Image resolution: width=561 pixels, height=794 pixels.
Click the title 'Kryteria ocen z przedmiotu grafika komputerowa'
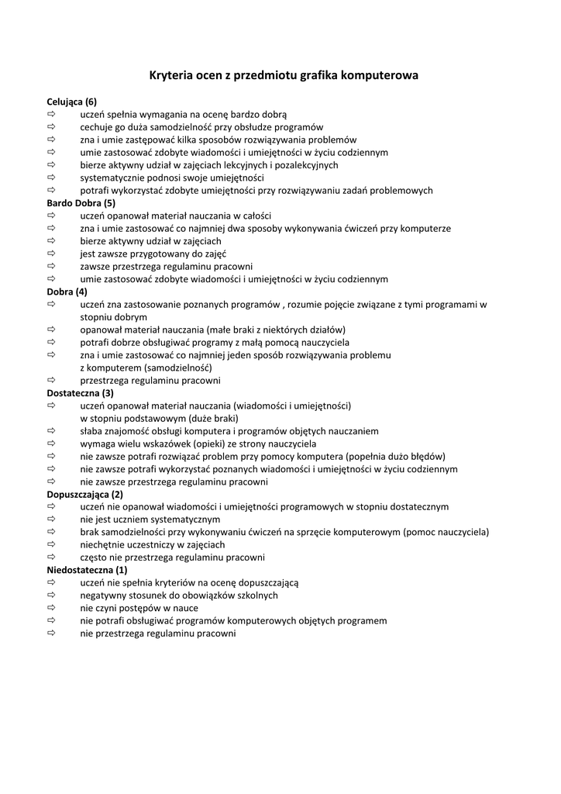point(284,76)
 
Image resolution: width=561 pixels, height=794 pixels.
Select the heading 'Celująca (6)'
point(71,102)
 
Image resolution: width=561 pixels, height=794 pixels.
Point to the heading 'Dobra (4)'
point(67,292)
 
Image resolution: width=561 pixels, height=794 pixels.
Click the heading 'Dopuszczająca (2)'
point(84,494)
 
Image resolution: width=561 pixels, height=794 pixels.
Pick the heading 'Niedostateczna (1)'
point(87,570)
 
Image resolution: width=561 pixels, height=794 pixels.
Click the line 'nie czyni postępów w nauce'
point(139,608)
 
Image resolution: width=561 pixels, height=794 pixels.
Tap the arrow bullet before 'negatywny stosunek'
point(52,595)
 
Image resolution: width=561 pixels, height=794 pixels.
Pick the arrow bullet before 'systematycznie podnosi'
point(52,178)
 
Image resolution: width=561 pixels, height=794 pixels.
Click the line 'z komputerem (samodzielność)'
point(146,368)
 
